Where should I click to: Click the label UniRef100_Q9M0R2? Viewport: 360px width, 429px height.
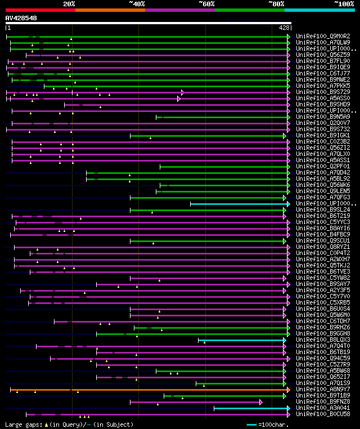click(x=322, y=37)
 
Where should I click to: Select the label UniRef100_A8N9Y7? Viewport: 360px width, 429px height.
click(x=322, y=389)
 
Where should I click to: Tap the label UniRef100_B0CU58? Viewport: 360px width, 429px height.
click(x=322, y=414)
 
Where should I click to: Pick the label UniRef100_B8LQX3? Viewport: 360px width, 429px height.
click(x=322, y=340)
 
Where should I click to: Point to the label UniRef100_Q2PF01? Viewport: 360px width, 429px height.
click(x=322, y=167)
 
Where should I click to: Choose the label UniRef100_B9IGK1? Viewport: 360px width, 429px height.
click(x=322, y=136)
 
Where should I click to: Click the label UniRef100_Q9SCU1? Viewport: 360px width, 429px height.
click(x=322, y=241)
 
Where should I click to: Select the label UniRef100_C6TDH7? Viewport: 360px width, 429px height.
click(x=322, y=321)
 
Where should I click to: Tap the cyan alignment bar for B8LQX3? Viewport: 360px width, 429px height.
click(x=242, y=340)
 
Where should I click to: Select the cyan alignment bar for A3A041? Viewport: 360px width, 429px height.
click(x=250, y=408)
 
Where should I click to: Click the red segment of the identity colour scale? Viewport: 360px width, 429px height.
click(x=40, y=10)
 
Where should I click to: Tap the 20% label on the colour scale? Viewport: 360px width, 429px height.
click(x=69, y=4)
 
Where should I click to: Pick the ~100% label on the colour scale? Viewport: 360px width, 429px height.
click(x=344, y=4)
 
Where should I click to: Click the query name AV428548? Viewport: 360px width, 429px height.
click(x=21, y=18)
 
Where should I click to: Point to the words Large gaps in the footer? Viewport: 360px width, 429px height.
click(x=23, y=424)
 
